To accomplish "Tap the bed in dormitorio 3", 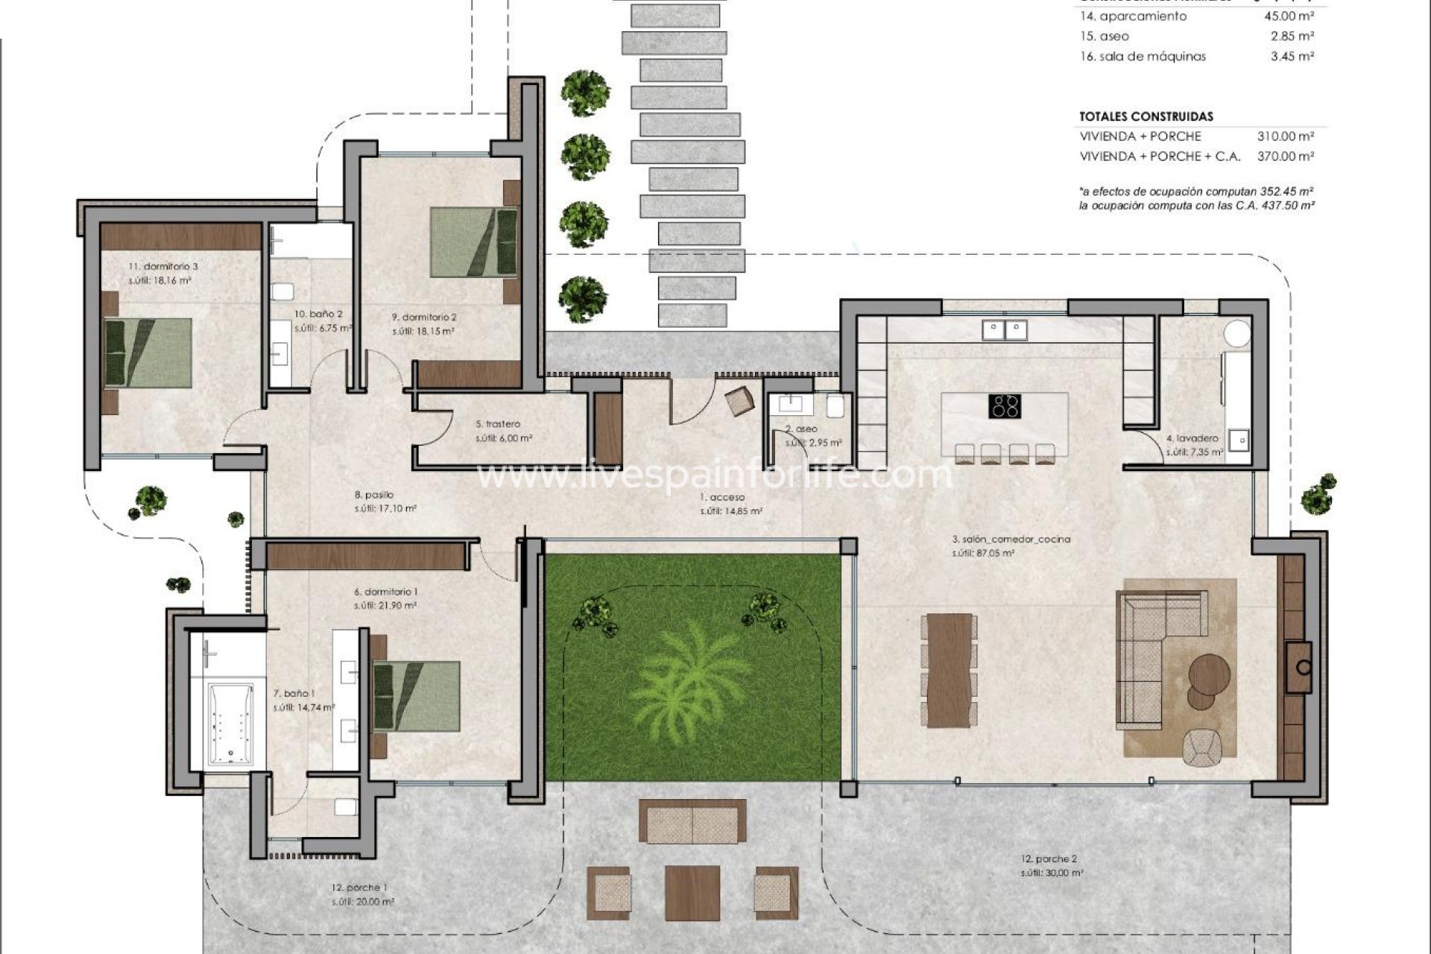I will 148,353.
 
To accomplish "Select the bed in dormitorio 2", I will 474,242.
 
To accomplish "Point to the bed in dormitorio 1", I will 416,695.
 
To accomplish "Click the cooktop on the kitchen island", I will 1005,406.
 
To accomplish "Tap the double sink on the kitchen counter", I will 1005,329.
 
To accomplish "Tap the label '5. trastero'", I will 497,424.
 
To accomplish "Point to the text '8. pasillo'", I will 374,494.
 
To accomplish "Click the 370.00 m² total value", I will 1285,157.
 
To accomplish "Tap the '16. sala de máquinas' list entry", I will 1143,56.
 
